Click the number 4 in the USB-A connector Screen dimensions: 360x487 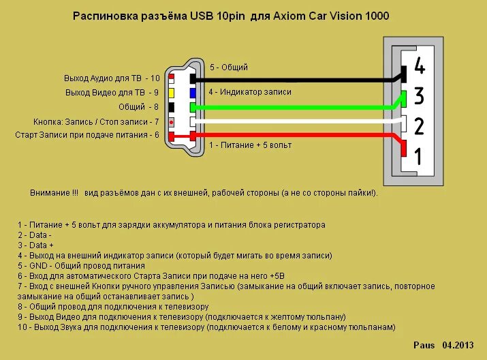419,67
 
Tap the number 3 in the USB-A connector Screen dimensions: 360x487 419,96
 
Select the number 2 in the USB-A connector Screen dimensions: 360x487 419,126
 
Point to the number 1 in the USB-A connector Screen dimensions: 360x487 418,157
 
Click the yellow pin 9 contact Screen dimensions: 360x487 172,92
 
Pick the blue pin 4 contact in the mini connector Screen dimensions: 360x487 193,92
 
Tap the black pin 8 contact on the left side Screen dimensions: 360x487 172,107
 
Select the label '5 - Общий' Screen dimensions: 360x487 228,67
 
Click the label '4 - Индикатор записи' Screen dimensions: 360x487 250,92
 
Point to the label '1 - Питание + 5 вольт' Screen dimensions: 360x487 250,145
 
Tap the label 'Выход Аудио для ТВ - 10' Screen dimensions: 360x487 112,78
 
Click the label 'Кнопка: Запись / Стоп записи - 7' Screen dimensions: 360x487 96,122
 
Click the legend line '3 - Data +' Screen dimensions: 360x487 35,245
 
